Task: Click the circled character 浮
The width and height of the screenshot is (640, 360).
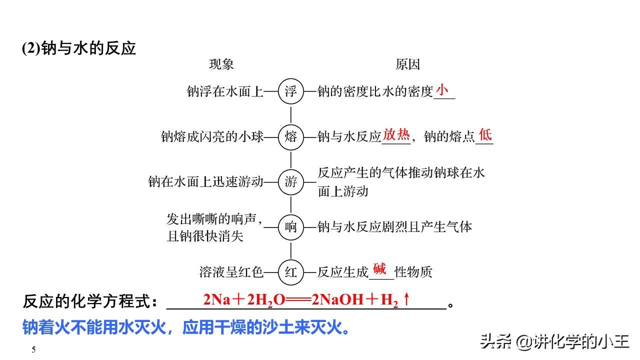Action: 290,91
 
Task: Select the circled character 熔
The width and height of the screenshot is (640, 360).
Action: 290,136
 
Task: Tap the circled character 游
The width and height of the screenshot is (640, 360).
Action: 290,181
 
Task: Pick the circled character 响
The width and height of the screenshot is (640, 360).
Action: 290,227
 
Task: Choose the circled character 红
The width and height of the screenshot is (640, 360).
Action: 290,272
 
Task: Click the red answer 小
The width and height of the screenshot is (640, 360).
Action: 442,89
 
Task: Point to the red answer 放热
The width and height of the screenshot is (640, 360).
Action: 396,134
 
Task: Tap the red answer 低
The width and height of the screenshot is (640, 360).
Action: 485,134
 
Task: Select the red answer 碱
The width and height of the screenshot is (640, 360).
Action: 379,269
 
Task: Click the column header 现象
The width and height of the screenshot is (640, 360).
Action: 221,64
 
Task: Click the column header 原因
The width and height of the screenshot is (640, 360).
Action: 407,64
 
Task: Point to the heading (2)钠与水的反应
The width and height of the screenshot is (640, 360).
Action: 79,48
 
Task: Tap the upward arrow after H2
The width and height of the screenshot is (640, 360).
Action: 406,299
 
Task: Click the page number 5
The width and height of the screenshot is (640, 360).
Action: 33,349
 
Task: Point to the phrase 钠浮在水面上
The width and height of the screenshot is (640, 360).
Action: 225,91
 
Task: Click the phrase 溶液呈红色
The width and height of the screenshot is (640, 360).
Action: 231,272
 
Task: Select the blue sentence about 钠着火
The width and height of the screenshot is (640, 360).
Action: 186,328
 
